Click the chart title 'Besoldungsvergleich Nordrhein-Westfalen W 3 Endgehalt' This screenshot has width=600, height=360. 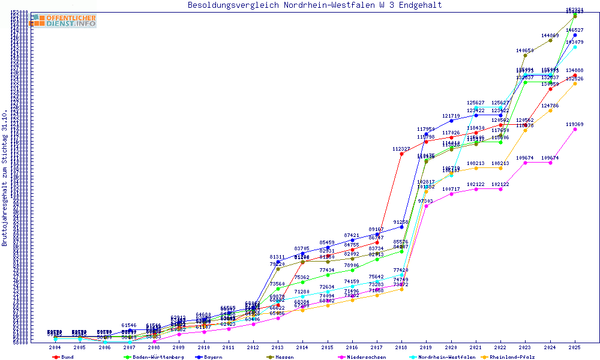click(x=314, y=5)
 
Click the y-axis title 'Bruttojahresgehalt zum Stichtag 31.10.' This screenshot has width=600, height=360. click(x=5, y=178)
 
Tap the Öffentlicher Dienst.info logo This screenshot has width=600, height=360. click(x=64, y=20)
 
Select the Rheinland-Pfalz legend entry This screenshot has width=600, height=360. click(x=512, y=357)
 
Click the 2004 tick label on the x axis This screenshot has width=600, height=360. click(x=55, y=347)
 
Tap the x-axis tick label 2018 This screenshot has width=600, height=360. click(x=401, y=347)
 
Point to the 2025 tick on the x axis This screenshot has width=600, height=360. click(x=575, y=347)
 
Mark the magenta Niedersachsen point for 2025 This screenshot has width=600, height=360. click(x=575, y=129)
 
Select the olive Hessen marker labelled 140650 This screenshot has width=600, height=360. click(x=525, y=56)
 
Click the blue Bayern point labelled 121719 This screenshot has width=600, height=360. click(x=451, y=121)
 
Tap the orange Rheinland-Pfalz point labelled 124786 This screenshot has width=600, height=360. click(x=550, y=110)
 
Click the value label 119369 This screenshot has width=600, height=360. click(x=575, y=124)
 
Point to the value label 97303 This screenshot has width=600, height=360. click(x=425, y=201)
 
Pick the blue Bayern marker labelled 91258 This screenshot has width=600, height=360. click(x=401, y=227)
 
